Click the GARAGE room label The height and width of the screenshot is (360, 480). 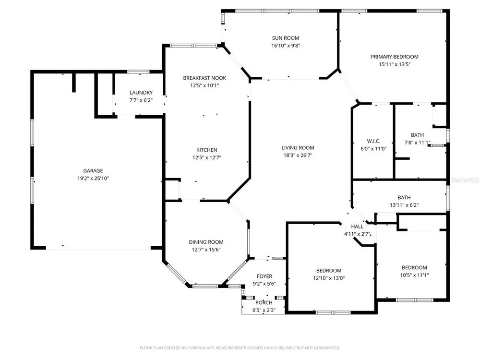point(93,171)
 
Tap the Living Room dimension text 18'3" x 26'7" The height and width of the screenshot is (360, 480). point(298,155)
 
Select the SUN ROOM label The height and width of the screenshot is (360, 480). point(286,38)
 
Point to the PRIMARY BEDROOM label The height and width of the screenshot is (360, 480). point(395,57)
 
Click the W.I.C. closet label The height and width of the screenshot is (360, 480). point(373,141)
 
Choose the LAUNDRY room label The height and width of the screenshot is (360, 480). point(141,93)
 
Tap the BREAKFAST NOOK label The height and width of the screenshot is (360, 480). point(204,78)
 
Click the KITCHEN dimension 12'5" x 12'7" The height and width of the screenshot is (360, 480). point(206,157)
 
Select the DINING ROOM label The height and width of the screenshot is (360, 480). point(206,242)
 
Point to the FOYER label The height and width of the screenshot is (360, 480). point(264,276)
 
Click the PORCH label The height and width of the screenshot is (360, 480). point(264,302)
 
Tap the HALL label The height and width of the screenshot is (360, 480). point(357,227)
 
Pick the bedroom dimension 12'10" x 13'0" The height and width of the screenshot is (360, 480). point(329,278)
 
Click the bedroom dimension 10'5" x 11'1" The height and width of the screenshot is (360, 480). point(415,275)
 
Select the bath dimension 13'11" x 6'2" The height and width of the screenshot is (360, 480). point(404,205)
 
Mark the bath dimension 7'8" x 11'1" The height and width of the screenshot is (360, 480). point(417,143)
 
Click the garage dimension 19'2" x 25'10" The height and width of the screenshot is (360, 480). point(93,179)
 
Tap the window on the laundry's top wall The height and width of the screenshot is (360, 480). point(138,72)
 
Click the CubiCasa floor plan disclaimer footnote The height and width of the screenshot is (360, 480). point(240,348)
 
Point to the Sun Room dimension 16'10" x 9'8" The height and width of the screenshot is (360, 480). point(286,46)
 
